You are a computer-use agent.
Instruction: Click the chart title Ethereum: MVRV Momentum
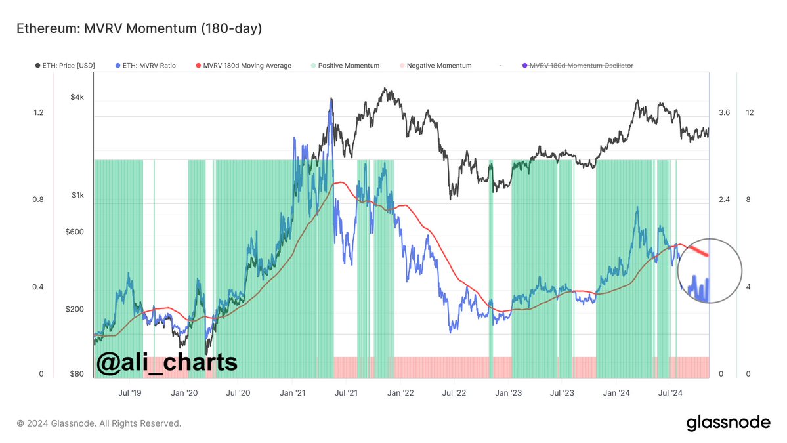[x=139, y=29]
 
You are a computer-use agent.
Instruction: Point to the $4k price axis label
[x=77, y=97]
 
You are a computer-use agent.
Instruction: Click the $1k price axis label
[x=77, y=195]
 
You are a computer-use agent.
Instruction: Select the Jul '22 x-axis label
[x=454, y=393]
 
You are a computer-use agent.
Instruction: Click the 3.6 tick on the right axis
[x=724, y=113]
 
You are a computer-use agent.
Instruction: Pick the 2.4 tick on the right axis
[x=724, y=200]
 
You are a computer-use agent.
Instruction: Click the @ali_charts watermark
[x=167, y=362]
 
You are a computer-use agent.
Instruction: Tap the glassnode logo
[x=728, y=423]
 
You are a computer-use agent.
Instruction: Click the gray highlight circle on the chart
[x=710, y=270]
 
